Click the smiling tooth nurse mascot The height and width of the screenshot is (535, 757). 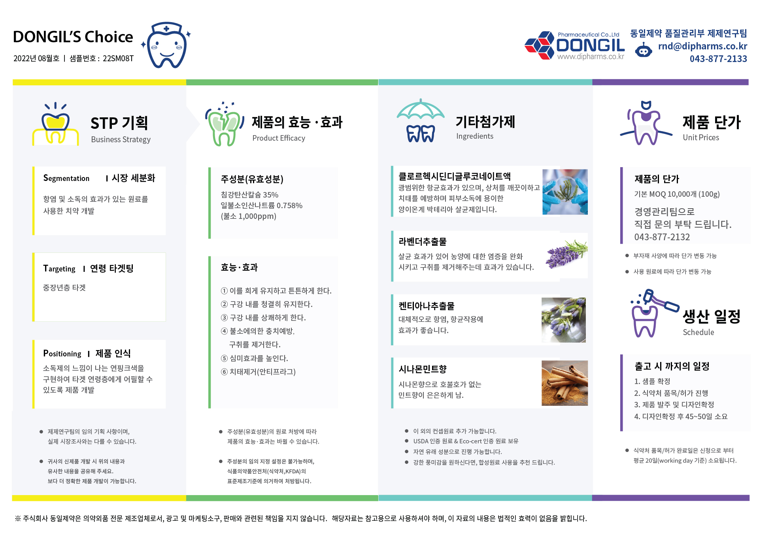tap(166, 45)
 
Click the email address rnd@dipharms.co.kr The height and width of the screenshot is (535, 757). tap(702, 46)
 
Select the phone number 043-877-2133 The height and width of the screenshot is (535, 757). tap(718, 59)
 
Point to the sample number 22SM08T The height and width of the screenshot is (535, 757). tap(118, 58)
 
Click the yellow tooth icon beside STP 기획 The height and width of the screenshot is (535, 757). tap(55, 124)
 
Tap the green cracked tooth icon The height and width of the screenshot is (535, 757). tap(224, 124)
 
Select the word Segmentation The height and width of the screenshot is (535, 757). tap(66, 178)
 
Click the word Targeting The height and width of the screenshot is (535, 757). tap(59, 269)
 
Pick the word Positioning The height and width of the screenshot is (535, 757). tap(62, 353)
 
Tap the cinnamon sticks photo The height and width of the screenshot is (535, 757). tap(564, 383)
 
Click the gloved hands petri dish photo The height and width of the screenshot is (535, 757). tap(565, 192)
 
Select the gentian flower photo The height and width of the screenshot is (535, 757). tap(564, 320)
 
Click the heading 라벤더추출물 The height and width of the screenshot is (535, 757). tap(423, 241)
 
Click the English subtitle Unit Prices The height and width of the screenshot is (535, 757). tap(701, 138)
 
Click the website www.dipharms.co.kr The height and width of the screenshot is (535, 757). tap(591, 57)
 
